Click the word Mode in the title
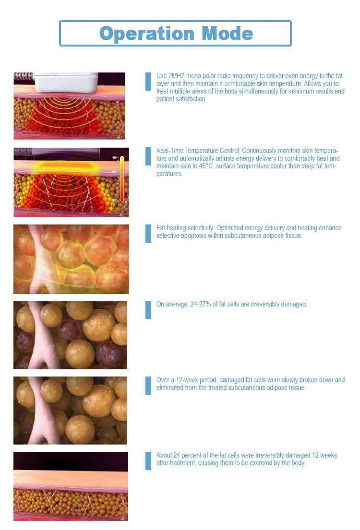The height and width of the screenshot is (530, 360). (227, 33)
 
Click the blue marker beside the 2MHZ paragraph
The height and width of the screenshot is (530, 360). (148, 82)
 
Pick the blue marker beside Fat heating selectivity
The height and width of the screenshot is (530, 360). (148, 233)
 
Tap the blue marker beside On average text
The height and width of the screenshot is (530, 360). (148, 309)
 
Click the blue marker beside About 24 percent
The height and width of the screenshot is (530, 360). (148, 460)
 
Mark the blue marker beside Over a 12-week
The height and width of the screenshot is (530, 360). (148, 385)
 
